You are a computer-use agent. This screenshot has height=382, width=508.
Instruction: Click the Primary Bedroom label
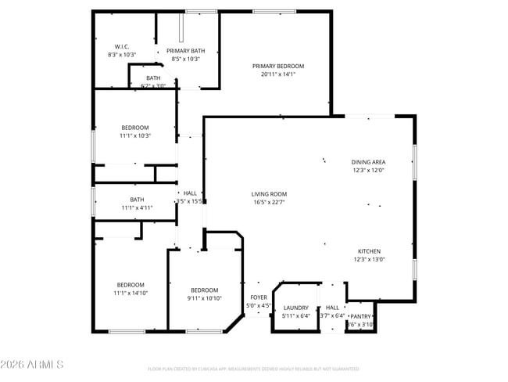pos(277,67)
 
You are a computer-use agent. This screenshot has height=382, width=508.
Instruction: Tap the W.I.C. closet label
pos(121,47)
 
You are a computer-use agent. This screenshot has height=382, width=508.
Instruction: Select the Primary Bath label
pos(186,50)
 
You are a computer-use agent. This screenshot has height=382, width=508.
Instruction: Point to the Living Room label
pos(269,194)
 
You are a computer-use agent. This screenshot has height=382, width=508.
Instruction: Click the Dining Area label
pos(367,162)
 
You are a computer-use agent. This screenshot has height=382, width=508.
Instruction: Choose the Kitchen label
pos(369,251)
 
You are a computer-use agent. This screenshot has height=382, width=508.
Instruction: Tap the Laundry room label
pos(295,308)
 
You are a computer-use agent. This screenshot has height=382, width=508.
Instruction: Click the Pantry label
pos(360,316)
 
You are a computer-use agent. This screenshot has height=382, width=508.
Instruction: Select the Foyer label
pos(258,297)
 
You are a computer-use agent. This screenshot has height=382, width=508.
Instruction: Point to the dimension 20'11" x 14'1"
pos(277,75)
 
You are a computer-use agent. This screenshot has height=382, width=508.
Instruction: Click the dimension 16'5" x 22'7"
pos(269,202)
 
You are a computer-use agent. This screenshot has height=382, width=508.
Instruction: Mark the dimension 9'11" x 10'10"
pos(204,298)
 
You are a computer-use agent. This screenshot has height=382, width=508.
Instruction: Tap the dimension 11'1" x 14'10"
pos(131,293)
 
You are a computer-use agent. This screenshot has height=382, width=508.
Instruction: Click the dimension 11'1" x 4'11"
pos(137,207)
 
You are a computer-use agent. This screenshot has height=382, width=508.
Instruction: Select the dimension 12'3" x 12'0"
pos(367,170)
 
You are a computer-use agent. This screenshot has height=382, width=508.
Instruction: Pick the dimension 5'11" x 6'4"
pos(295,316)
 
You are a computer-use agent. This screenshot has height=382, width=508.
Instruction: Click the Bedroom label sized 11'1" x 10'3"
pos(135,128)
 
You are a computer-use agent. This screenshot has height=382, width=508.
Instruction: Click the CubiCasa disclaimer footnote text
pos(253,369)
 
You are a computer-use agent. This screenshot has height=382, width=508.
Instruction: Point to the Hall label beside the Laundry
pos(332,308)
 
